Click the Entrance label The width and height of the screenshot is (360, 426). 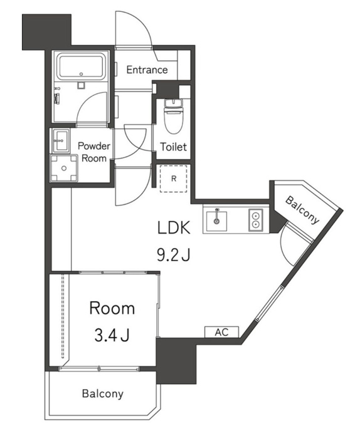pos(147,70)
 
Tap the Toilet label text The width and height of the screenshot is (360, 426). pos(174,147)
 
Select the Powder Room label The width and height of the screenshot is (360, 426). pos(94,152)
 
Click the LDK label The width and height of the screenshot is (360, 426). pos(174,227)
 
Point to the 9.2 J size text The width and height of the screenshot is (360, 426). pos(174,255)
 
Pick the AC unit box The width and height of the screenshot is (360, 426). pos(221,332)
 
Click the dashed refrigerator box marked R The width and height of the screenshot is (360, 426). pos(174,179)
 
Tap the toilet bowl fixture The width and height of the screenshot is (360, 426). pos(174,116)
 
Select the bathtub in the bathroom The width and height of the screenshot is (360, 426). pos(81,67)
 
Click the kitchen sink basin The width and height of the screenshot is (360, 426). pos(216,221)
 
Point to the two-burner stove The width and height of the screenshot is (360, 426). pos(256,220)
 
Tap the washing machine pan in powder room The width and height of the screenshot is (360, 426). pos(64,168)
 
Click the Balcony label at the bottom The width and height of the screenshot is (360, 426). pos(103,393)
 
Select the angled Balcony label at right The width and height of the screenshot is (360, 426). pos(302,210)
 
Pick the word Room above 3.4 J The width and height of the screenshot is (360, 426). pos(112,308)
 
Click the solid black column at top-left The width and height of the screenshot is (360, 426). pos(46,32)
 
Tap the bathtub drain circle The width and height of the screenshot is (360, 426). pos(81,74)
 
